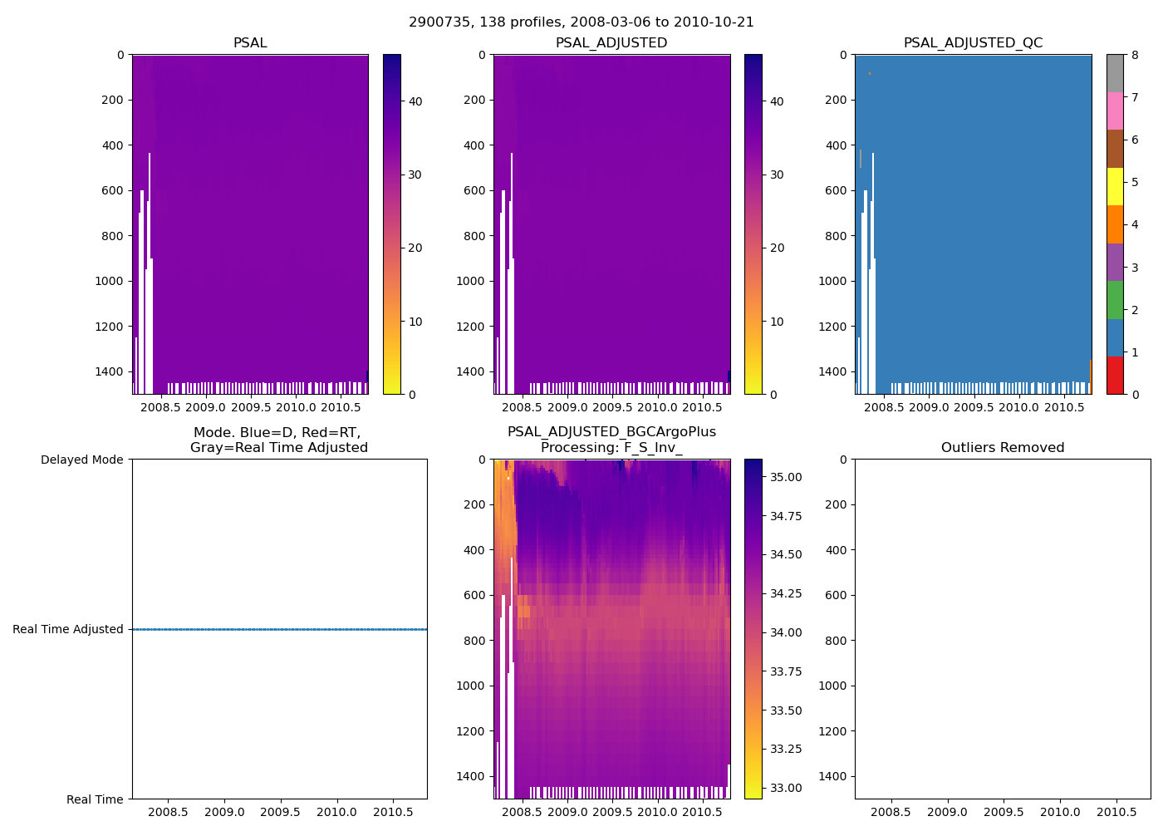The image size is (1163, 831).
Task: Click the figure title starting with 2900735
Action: [581, 22]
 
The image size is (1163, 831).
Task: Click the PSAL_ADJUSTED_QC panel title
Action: [973, 42]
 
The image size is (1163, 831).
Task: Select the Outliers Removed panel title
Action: [1002, 447]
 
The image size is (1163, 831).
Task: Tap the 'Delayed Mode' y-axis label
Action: [81, 460]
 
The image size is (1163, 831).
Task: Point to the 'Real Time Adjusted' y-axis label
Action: [68, 629]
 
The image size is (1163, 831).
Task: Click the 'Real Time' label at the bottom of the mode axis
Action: [95, 799]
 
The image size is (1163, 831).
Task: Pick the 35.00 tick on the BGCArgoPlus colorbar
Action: [785, 477]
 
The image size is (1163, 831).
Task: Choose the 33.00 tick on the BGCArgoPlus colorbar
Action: [785, 788]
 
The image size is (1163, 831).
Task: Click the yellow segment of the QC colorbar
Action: [1115, 186]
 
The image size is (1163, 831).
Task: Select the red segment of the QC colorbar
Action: [1115, 376]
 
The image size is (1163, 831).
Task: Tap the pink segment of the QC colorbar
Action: [1115, 111]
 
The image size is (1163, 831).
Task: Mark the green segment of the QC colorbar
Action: [1115, 300]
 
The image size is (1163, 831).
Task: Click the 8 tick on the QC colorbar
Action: [1135, 55]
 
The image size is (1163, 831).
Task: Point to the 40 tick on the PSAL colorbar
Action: [415, 101]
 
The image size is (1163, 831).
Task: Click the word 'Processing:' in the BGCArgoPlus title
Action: [579, 447]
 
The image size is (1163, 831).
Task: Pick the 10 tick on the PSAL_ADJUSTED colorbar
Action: [777, 322]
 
